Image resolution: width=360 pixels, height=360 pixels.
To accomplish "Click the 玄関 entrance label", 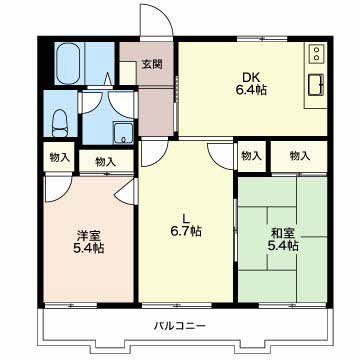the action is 152,64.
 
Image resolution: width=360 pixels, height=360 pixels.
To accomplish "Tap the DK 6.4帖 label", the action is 252,84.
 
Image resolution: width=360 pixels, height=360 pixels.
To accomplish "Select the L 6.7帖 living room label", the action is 186,225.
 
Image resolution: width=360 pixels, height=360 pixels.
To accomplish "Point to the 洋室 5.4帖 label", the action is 88,242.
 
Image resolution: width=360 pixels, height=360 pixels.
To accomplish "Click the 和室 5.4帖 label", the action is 283,239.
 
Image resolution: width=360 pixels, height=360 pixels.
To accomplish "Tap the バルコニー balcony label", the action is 180,325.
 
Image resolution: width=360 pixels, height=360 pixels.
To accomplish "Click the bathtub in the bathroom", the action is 68,63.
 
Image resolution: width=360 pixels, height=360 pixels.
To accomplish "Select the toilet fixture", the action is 60,123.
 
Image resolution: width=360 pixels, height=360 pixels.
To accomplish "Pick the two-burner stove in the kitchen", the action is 316,53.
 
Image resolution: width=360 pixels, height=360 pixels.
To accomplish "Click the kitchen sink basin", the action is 316,85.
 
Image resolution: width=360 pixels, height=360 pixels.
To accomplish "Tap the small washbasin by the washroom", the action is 123,132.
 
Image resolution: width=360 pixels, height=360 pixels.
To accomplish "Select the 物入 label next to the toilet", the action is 59,157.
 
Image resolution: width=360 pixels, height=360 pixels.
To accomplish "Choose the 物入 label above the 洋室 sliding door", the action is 106,162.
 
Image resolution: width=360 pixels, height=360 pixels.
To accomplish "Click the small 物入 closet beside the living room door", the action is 251,156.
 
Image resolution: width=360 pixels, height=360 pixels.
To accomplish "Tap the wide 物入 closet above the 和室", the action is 299,156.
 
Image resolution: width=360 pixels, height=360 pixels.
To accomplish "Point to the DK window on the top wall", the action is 262,39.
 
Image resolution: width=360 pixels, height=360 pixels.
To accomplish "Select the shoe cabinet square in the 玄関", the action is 128,73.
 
